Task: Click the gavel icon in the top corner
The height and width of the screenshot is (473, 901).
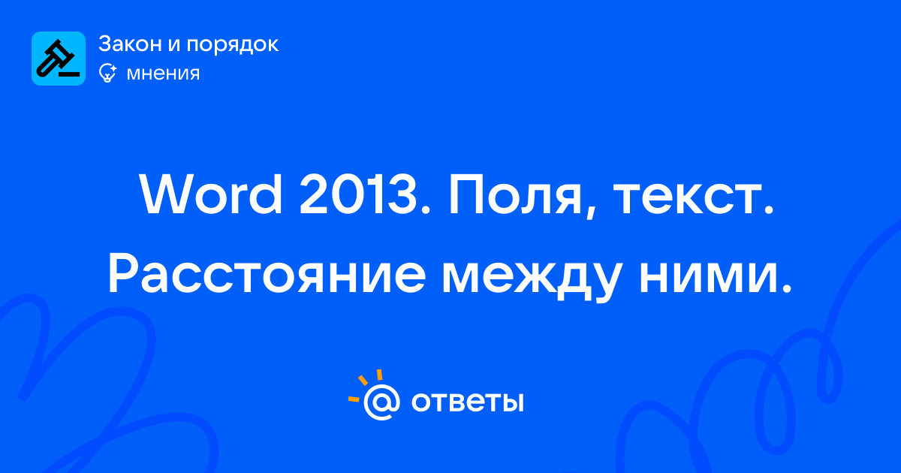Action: coord(59,59)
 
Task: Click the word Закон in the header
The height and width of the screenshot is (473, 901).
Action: coord(131,44)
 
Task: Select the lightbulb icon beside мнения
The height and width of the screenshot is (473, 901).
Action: coord(107,73)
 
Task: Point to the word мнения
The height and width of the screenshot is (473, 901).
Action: coord(164,74)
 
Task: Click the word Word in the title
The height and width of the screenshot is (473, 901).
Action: coord(211,195)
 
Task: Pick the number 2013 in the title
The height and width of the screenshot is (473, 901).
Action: coord(358,195)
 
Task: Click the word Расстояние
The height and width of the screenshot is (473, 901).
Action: coord(267,273)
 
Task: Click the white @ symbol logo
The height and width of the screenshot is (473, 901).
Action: coord(381,402)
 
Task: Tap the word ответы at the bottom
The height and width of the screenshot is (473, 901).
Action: coord(467,402)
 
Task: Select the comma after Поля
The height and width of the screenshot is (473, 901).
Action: coord(590,211)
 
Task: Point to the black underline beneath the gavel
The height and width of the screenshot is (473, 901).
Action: coord(69,74)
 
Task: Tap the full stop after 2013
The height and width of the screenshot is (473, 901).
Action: coord(426,210)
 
